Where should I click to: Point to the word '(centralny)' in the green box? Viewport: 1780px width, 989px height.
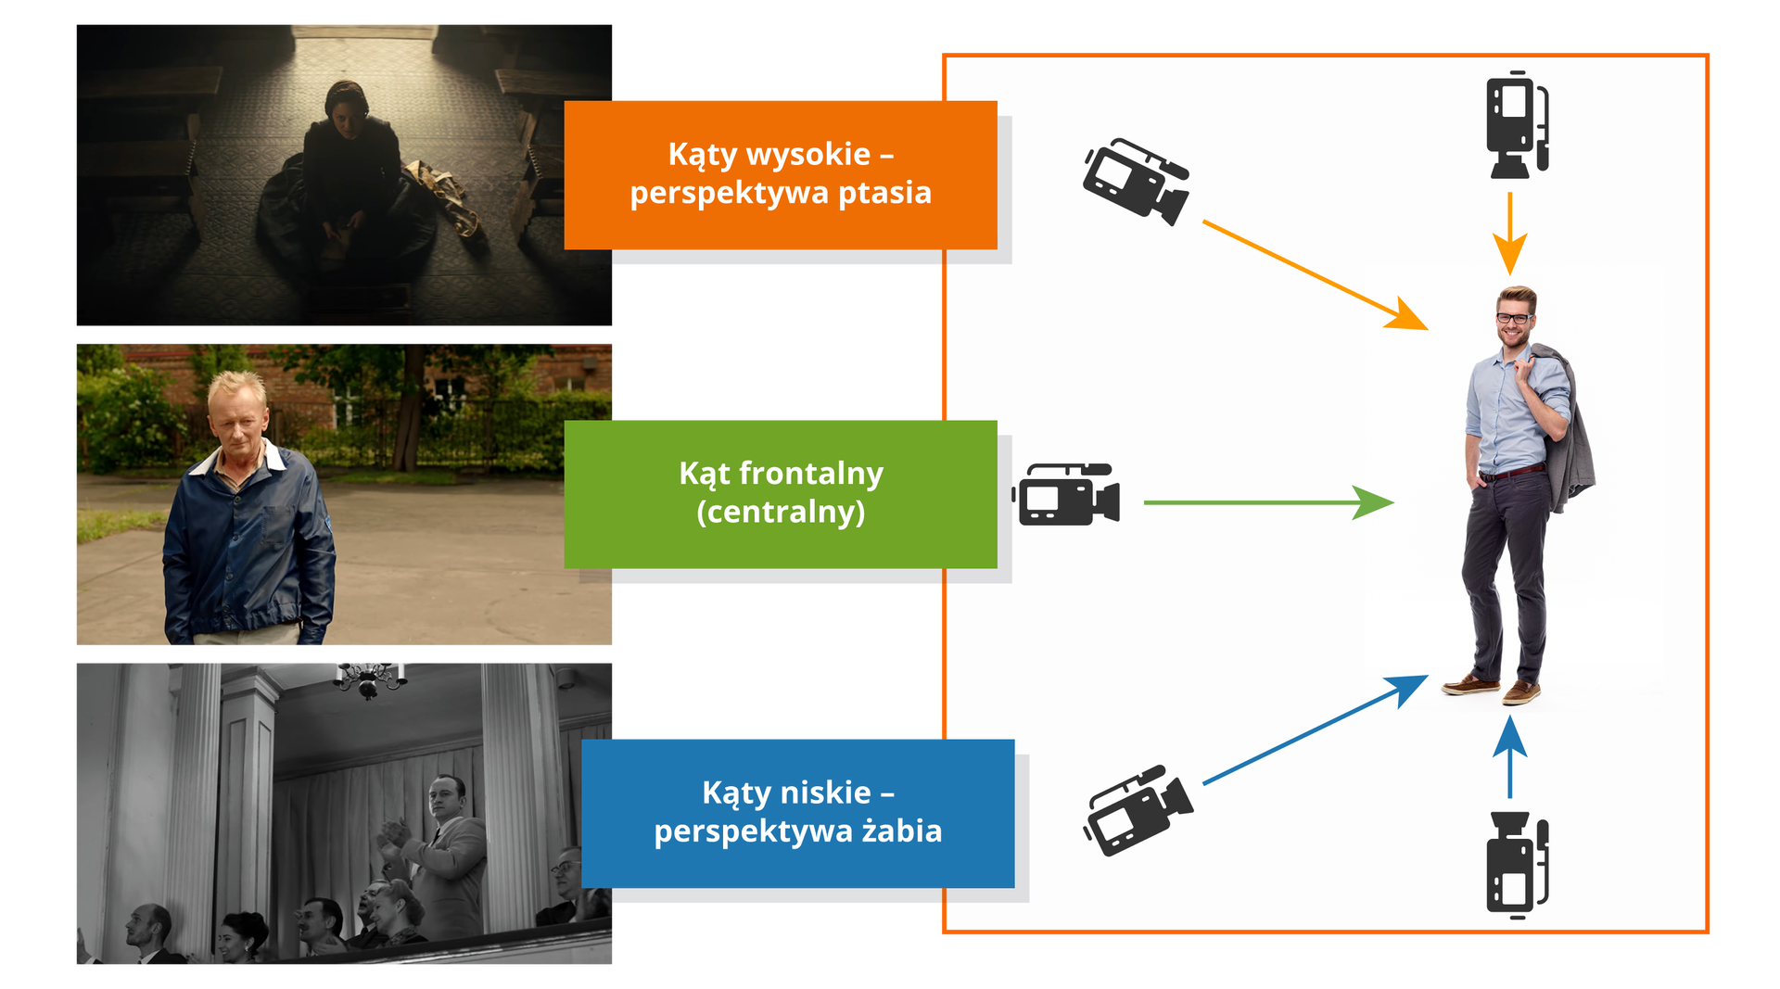pyautogui.click(x=781, y=512)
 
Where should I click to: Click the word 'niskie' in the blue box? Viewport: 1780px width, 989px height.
pyautogui.click(x=825, y=793)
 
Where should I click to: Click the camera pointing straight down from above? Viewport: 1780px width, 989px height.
pyautogui.click(x=1517, y=125)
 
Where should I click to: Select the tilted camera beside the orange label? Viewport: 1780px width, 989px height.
pyautogui.click(x=1136, y=181)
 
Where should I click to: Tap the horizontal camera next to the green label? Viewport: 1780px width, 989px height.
pyautogui.click(x=1067, y=495)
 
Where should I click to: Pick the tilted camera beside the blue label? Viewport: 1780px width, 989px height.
pyautogui.click(x=1138, y=809)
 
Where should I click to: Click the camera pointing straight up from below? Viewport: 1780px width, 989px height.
pyautogui.click(x=1517, y=864)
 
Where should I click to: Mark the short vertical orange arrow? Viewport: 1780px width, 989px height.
pyautogui.click(x=1510, y=232)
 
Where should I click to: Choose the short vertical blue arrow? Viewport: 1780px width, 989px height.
pyautogui.click(x=1510, y=756)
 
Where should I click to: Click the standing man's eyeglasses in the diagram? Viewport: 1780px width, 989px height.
pyautogui.click(x=1513, y=319)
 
